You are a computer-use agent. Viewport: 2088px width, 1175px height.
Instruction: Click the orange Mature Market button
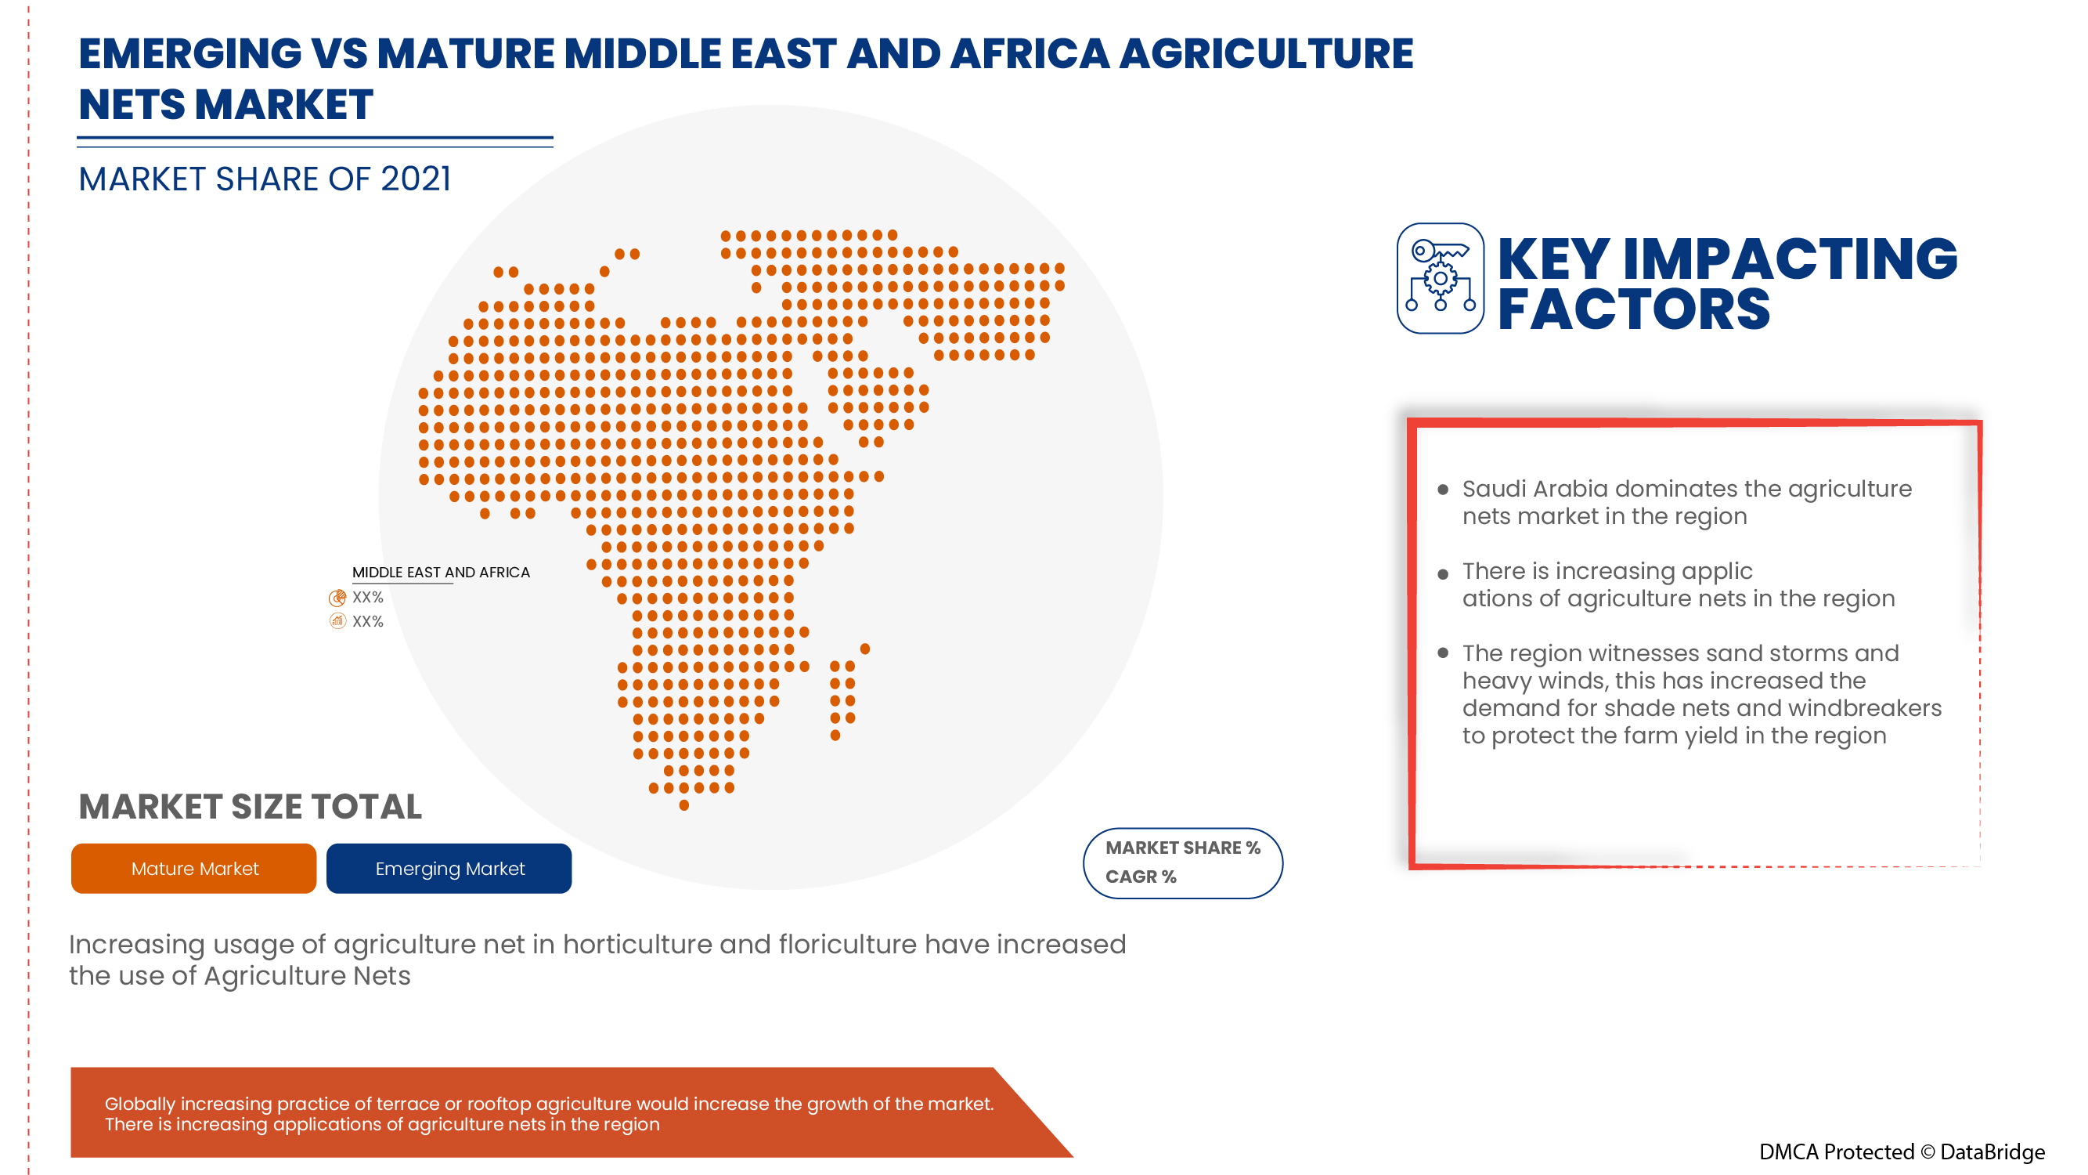pyautogui.click(x=193, y=869)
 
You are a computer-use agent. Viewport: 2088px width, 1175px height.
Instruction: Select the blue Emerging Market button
pyautogui.click(x=449, y=869)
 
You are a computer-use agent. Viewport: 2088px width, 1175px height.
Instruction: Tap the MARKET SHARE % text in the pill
pyautogui.click(x=1182, y=848)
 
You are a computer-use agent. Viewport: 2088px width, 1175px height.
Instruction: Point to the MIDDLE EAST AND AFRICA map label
pyautogui.click(x=440, y=572)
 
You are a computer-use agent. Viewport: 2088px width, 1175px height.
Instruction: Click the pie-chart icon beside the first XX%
pyautogui.click(x=337, y=598)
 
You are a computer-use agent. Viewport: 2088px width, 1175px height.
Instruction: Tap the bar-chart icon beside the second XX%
pyautogui.click(x=337, y=621)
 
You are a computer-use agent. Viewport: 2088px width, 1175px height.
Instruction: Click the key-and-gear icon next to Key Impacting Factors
pyautogui.click(x=1440, y=278)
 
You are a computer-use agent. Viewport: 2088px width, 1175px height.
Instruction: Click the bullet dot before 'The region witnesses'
pyautogui.click(x=1442, y=653)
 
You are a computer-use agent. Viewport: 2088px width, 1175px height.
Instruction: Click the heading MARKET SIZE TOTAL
pyautogui.click(x=250, y=807)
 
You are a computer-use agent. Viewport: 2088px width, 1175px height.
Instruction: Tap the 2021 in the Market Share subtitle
pyautogui.click(x=415, y=179)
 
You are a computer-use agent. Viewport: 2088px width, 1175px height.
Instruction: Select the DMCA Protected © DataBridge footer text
pyautogui.click(x=1901, y=1151)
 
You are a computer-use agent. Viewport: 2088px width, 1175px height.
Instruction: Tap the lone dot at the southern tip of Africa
pyautogui.click(x=684, y=805)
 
